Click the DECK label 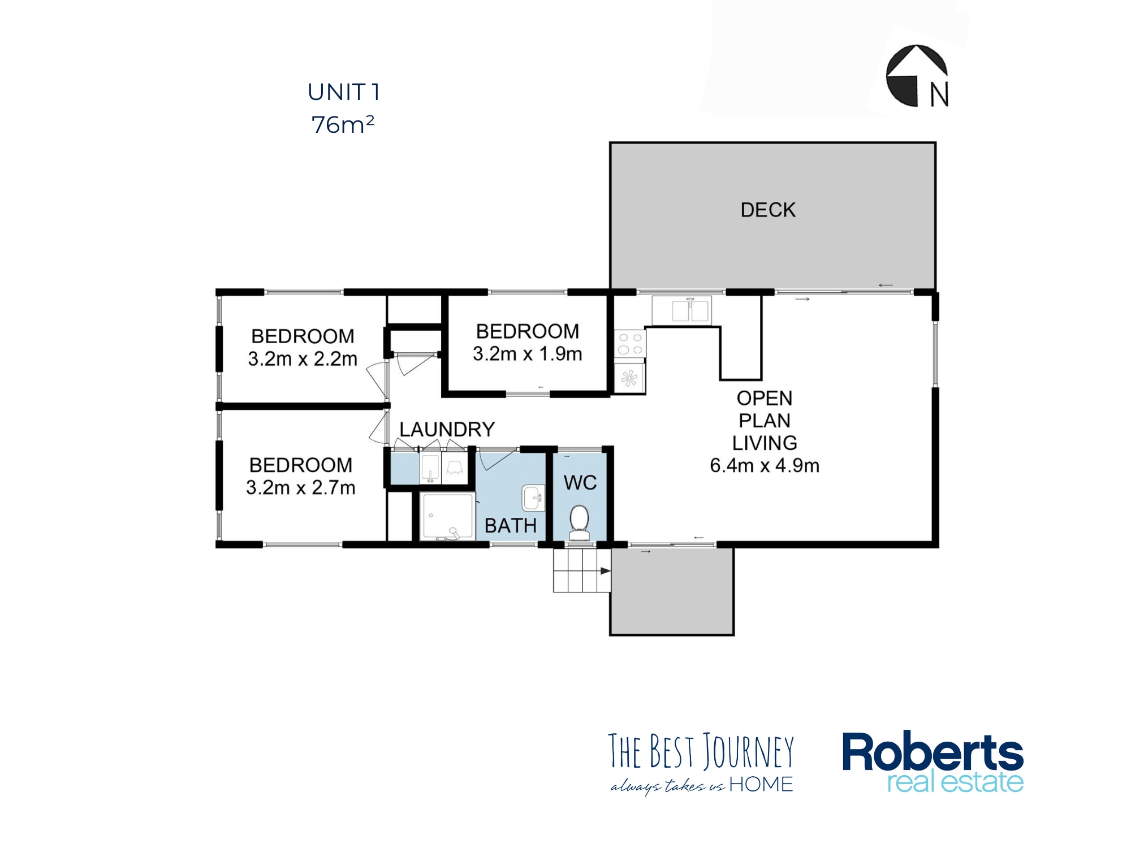pyautogui.click(x=768, y=210)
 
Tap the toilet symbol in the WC pyautogui.click(x=579, y=521)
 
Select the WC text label pyautogui.click(x=580, y=483)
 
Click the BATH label pyautogui.click(x=511, y=526)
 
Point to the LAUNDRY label pyautogui.click(x=447, y=430)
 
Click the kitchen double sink pyautogui.click(x=690, y=311)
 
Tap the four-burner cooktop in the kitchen pyautogui.click(x=630, y=343)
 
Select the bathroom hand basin pyautogui.click(x=532, y=498)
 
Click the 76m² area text pyautogui.click(x=343, y=125)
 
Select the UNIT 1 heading pyautogui.click(x=343, y=92)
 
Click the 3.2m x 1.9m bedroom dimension pyautogui.click(x=527, y=354)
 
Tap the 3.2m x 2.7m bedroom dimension pyautogui.click(x=300, y=487)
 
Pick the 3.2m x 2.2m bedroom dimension pyautogui.click(x=303, y=359)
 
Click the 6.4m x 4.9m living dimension pyautogui.click(x=765, y=466)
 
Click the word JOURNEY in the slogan pyautogui.click(x=749, y=752)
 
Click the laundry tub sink pyautogui.click(x=430, y=469)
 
